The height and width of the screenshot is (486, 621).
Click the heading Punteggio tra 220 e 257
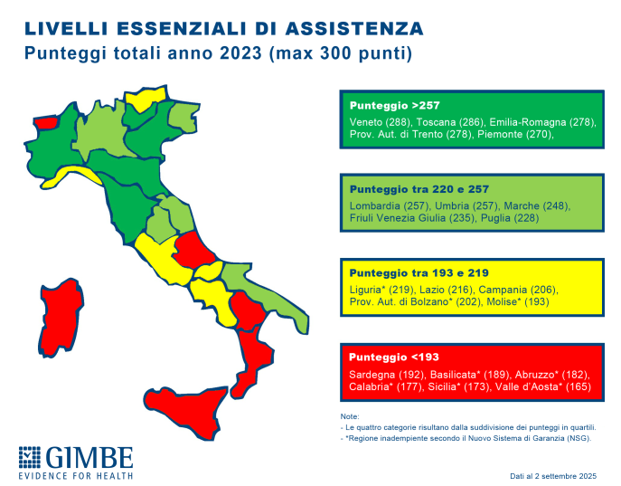(x=421, y=190)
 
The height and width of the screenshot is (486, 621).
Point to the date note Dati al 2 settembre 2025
(x=552, y=475)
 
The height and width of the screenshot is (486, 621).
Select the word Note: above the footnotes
(x=349, y=416)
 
